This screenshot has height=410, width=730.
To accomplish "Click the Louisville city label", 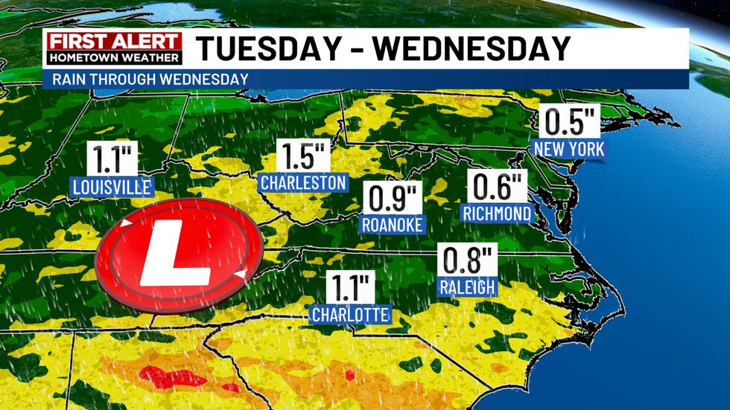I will pos(112,186).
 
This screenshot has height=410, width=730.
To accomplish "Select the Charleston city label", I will pos(303,182).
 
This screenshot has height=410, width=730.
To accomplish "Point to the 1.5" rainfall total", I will pos(302,156).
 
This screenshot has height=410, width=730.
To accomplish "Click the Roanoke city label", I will pos(392,224).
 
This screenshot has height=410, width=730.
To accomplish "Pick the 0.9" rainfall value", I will pos(393,199).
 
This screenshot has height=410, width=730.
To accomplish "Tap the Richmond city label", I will pos(497,214).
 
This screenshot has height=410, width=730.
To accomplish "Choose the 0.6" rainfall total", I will pos(497,187).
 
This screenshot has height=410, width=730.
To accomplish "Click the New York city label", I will pos(569,149).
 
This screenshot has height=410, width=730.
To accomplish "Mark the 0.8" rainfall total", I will pos(466,261).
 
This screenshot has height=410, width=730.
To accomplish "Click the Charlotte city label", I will pos(350,315).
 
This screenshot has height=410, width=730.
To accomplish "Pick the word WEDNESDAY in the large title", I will pos(472,49).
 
